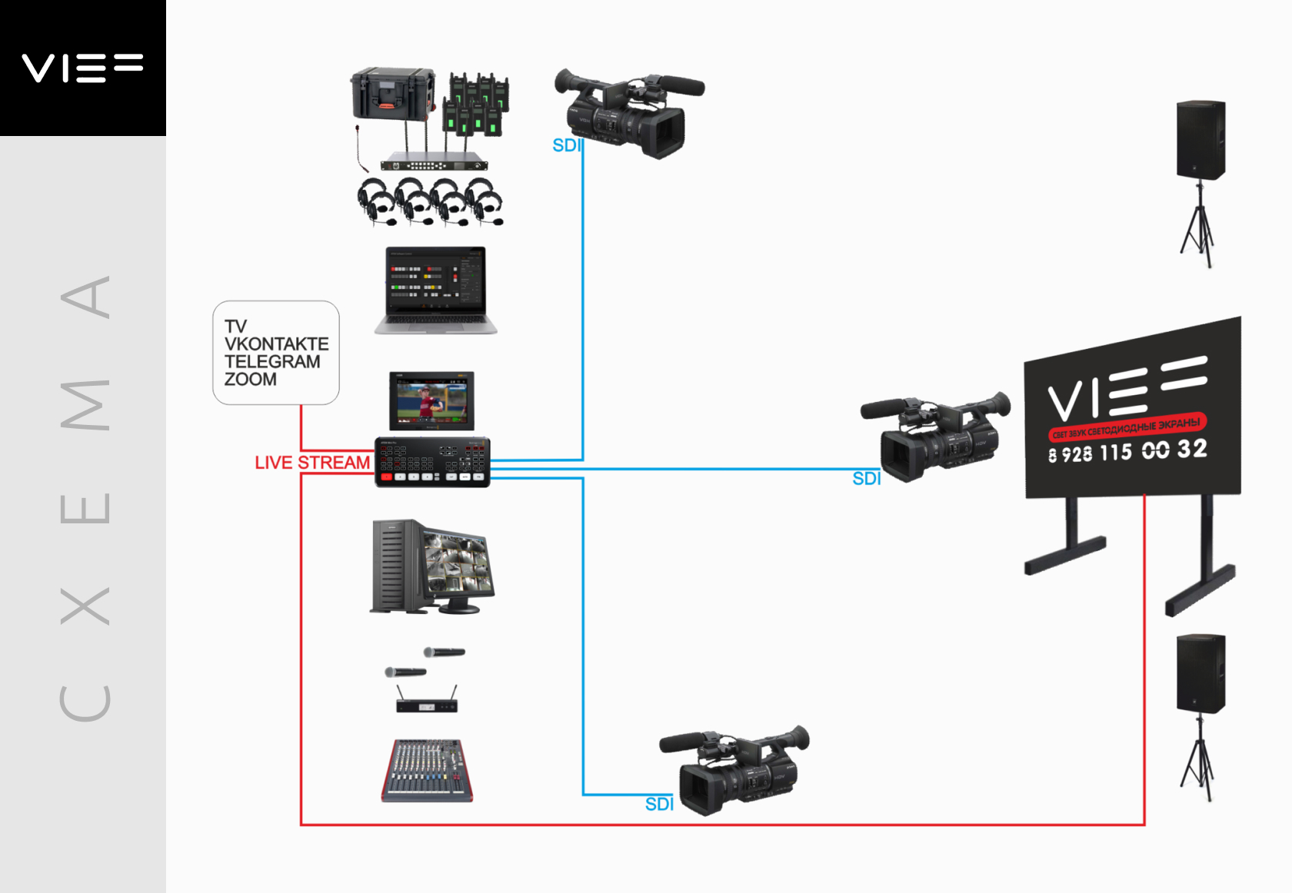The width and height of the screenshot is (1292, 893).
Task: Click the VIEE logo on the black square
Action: (x=82, y=68)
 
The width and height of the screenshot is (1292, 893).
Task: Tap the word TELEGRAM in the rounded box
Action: (x=272, y=361)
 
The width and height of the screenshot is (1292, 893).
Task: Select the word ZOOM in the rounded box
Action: (x=251, y=379)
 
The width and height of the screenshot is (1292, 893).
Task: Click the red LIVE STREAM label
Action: (x=312, y=463)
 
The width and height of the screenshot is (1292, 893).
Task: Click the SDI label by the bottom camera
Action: (x=659, y=804)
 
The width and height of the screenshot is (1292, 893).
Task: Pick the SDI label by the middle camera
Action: (x=866, y=478)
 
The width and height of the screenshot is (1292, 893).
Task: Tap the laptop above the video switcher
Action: (x=436, y=290)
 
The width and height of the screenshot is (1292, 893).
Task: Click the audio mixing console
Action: (x=427, y=771)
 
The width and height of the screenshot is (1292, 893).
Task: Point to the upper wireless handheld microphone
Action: (x=445, y=652)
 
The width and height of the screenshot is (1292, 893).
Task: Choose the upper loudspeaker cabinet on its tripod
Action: (x=1200, y=140)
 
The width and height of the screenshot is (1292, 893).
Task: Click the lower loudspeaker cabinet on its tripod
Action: (x=1200, y=674)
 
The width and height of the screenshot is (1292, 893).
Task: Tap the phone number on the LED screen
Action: (x=1127, y=451)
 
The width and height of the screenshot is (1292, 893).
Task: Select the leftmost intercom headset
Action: (x=376, y=201)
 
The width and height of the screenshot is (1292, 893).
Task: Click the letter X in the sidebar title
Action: (x=85, y=606)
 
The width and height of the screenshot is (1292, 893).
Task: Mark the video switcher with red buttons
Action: (x=432, y=462)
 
